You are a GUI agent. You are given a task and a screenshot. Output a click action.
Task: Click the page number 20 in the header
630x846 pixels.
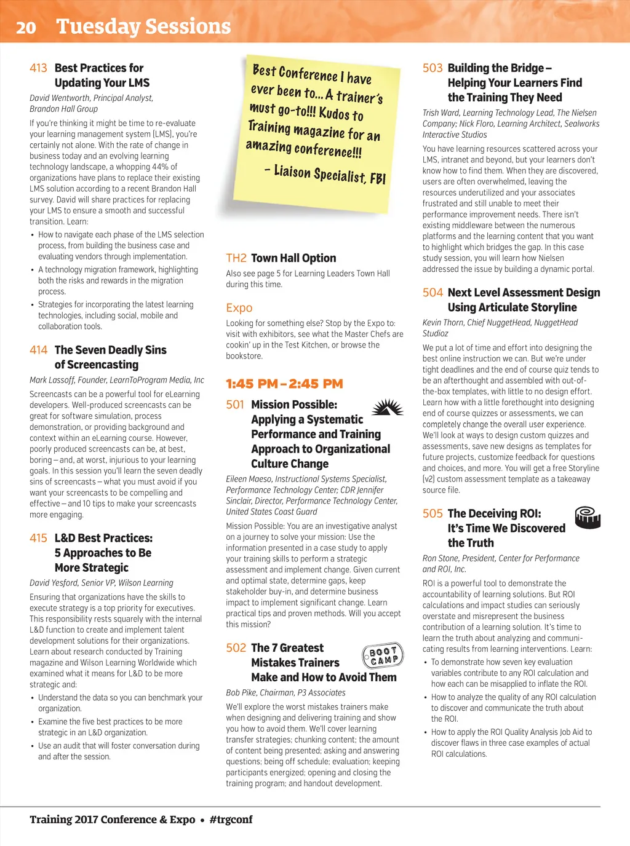(26, 27)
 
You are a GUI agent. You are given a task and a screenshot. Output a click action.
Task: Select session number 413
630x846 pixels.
(38, 68)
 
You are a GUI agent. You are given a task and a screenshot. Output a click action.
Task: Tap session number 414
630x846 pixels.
(38, 350)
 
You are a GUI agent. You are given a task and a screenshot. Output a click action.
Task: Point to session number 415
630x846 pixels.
(38, 538)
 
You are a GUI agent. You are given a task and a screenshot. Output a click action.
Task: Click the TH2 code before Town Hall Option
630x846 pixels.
(236, 258)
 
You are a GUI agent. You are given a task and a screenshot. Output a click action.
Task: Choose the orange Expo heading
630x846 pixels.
(239, 308)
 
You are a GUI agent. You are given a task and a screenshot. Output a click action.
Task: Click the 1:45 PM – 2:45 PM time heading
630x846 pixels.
(284, 384)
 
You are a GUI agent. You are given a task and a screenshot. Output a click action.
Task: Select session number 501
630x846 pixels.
(235, 405)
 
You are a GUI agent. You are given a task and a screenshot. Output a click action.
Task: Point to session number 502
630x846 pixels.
(236, 648)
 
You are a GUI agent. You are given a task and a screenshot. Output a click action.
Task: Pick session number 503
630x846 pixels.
(433, 68)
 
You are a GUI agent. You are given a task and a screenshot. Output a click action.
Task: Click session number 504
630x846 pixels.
(433, 293)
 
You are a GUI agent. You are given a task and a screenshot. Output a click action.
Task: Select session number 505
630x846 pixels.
(433, 513)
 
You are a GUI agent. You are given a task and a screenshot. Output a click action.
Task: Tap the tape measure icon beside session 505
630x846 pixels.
(587, 518)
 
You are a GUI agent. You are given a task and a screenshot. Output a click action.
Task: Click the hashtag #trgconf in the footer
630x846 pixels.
(231, 820)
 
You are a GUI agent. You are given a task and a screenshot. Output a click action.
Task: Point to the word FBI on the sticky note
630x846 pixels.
(378, 178)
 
